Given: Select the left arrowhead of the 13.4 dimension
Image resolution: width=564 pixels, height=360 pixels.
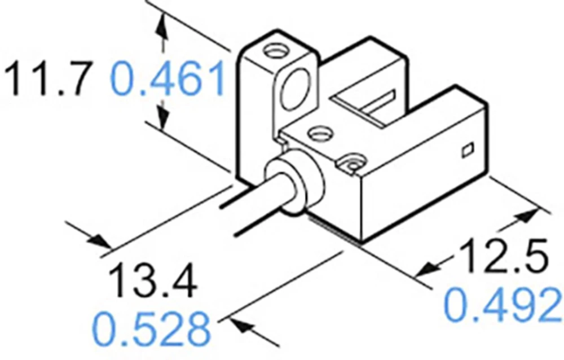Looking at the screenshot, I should (102, 242).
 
